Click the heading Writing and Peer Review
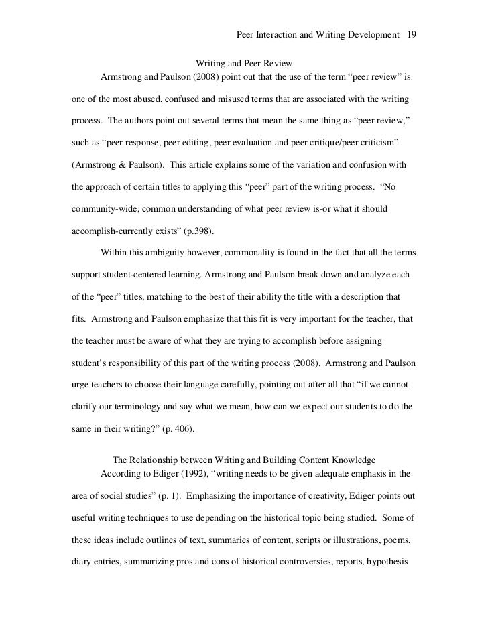(x=244, y=64)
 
